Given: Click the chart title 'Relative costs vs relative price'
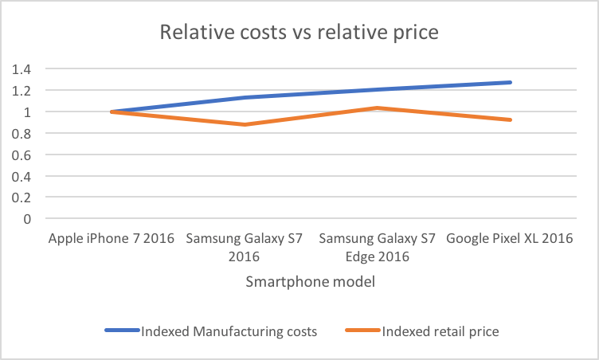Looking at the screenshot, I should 299,33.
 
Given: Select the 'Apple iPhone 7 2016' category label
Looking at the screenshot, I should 111,239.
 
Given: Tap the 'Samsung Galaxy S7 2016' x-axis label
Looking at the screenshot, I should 244,247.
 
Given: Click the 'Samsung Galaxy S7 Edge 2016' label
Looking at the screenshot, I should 377,247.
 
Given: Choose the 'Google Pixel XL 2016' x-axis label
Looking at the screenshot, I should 510,239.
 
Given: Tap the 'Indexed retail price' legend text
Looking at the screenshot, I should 440,331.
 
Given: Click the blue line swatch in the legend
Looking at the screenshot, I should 121,331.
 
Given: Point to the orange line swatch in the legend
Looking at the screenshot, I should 363,331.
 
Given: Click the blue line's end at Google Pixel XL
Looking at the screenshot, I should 510,82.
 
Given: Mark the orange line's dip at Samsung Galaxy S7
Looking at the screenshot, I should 244,124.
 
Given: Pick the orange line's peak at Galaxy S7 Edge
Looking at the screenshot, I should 377,108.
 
